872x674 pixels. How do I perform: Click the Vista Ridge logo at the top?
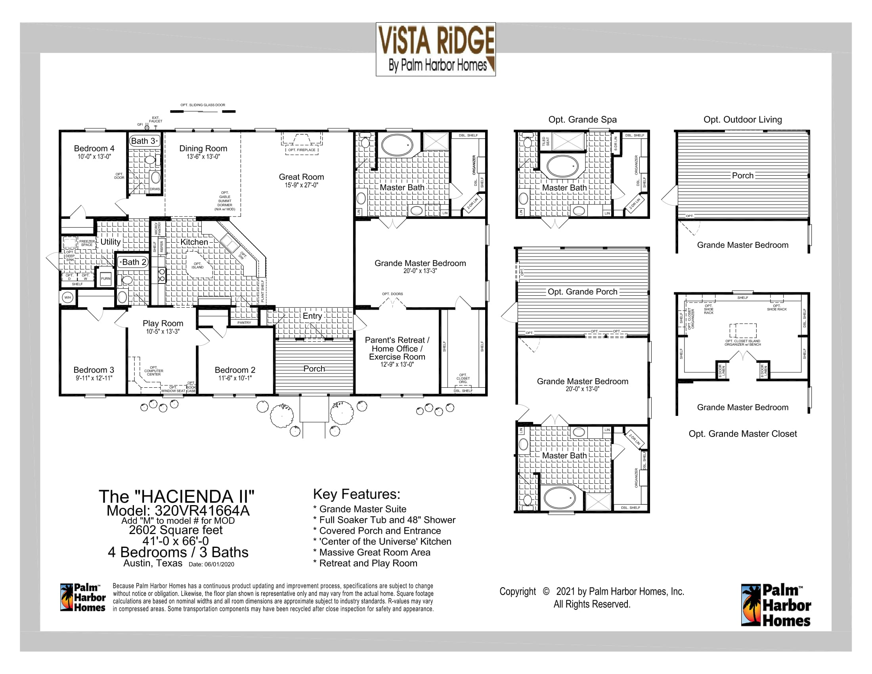pyautogui.click(x=436, y=49)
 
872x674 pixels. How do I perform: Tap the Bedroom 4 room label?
pyautogui.click(x=94, y=148)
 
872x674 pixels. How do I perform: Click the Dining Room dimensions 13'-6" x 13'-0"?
pyautogui.click(x=203, y=157)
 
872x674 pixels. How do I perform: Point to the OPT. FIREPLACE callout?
pyautogui.click(x=302, y=150)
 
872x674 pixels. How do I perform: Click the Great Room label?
pyautogui.click(x=302, y=177)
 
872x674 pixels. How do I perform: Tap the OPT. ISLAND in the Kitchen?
pyautogui.click(x=197, y=266)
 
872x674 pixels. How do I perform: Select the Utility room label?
pyautogui.click(x=110, y=241)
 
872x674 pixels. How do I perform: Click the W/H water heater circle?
pyautogui.click(x=68, y=297)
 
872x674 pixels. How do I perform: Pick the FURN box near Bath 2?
pyautogui.click(x=106, y=279)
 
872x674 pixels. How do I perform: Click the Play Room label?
pyautogui.click(x=163, y=323)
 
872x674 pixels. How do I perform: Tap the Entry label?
pyautogui.click(x=312, y=316)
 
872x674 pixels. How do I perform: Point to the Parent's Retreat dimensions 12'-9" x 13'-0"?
pyautogui.click(x=397, y=364)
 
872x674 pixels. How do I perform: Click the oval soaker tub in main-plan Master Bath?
pyautogui.click(x=397, y=145)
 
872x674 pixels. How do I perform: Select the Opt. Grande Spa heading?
pyautogui.click(x=582, y=119)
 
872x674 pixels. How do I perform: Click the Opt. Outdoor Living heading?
pyautogui.click(x=743, y=119)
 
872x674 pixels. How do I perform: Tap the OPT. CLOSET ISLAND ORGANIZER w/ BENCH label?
pyautogui.click(x=743, y=343)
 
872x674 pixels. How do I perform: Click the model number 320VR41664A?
pyautogui.click(x=178, y=511)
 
